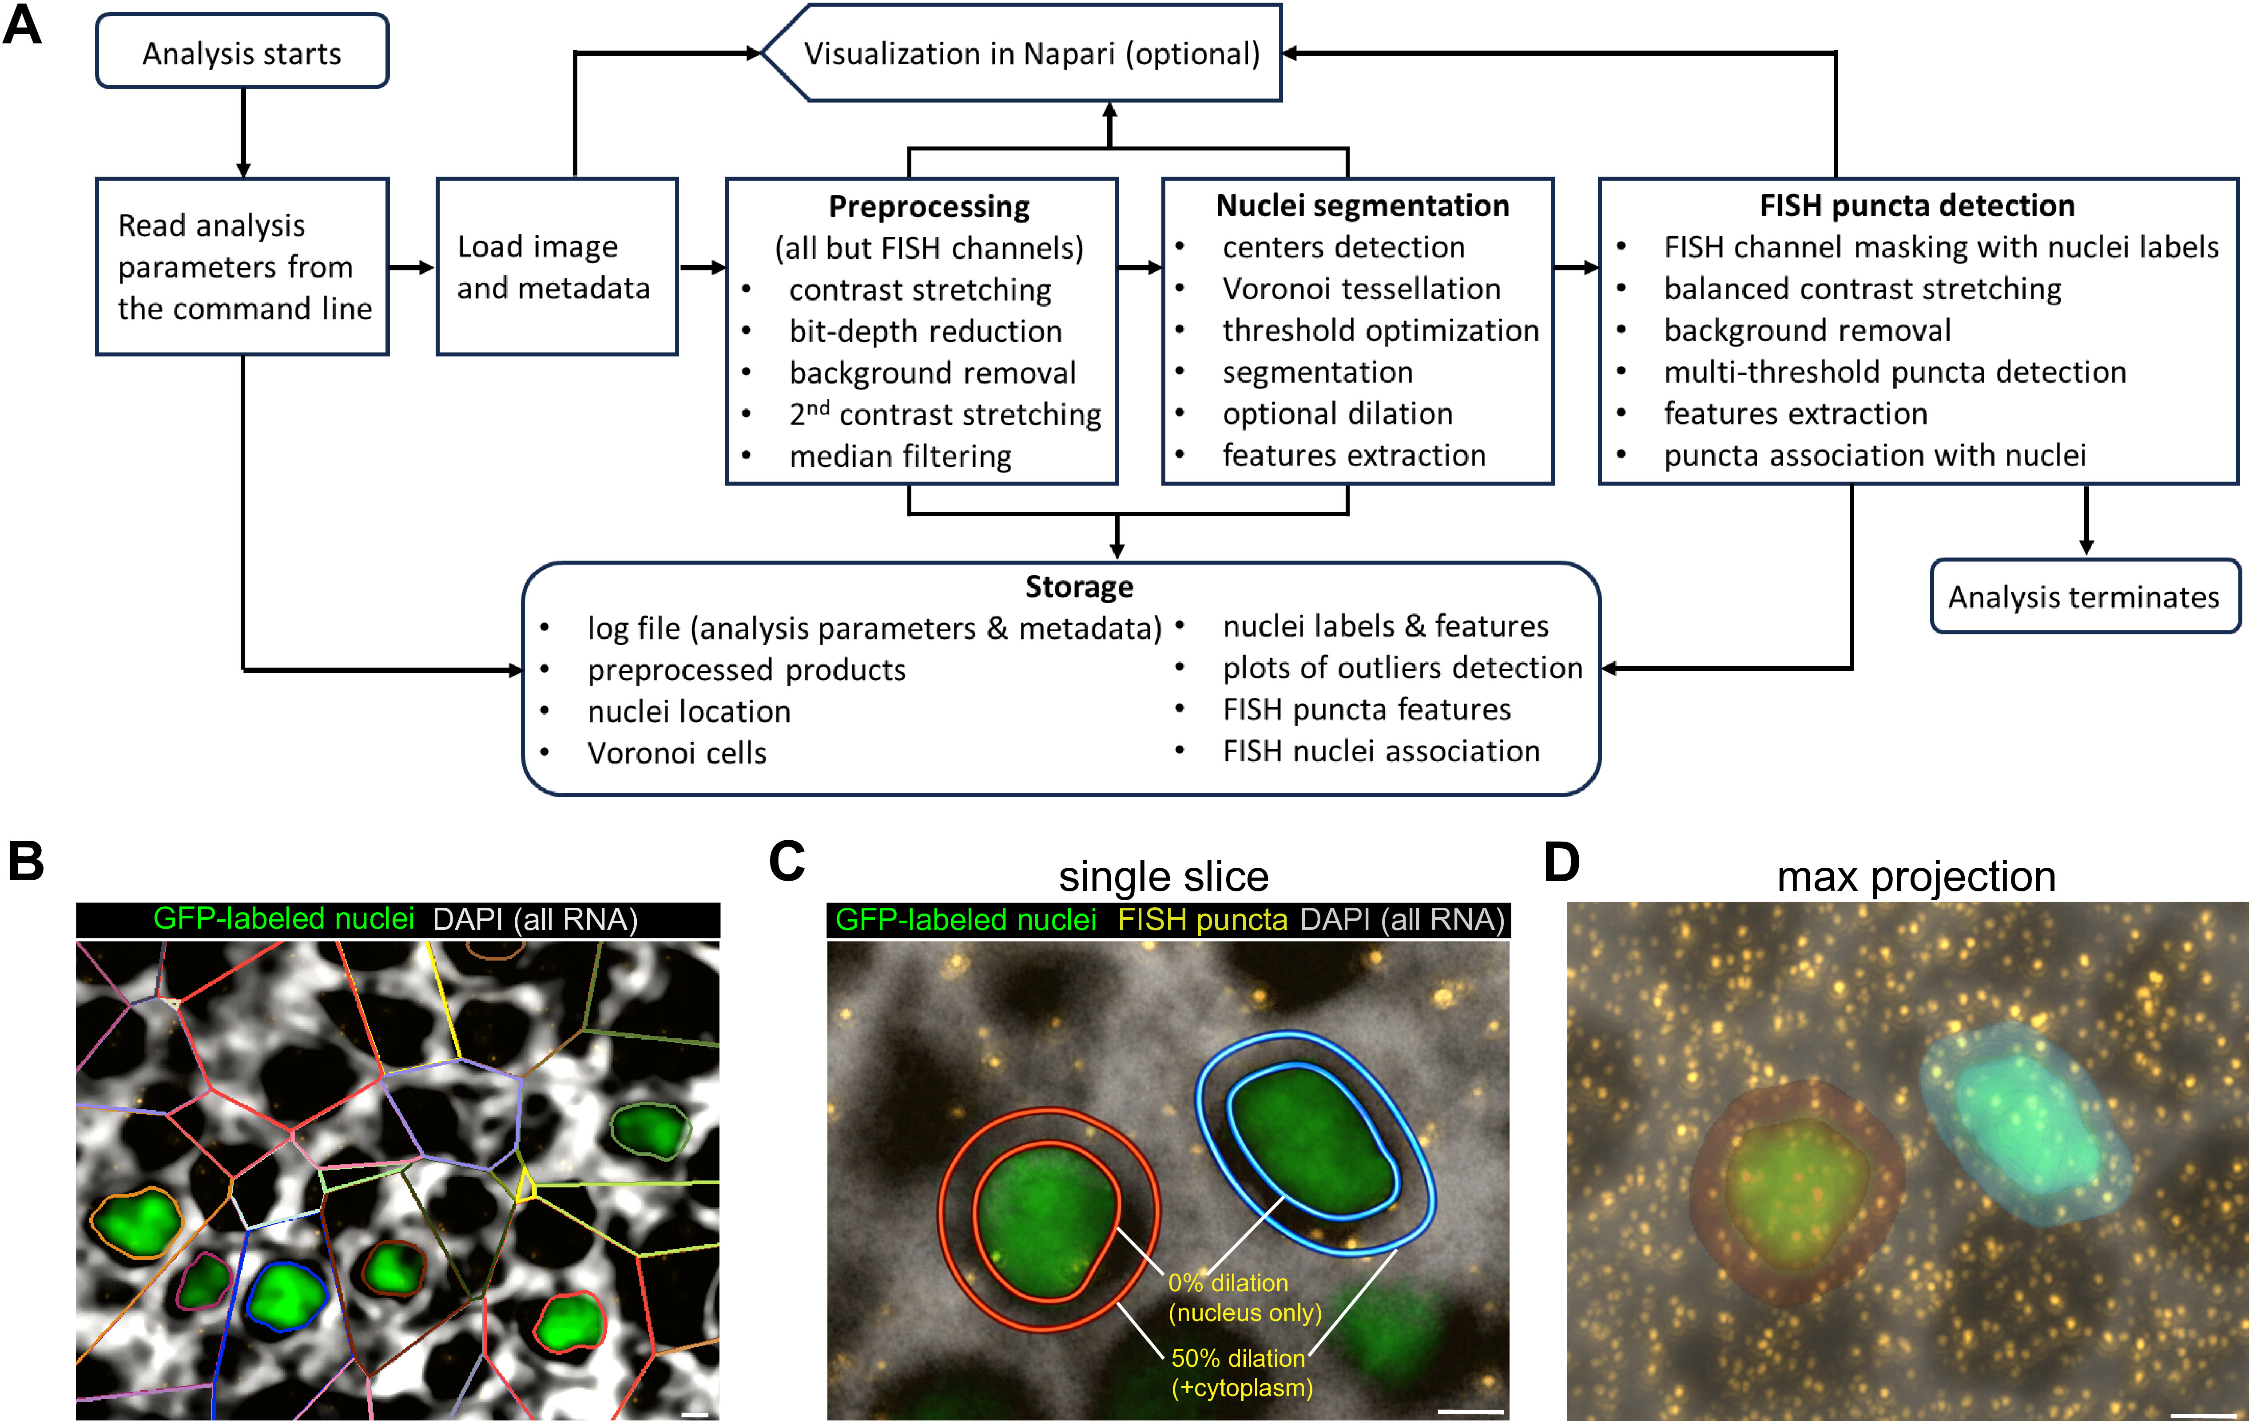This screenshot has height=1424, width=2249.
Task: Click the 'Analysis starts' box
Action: point(242,51)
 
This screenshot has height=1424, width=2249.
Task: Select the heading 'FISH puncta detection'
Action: point(1917,206)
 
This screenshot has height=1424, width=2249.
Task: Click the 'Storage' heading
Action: point(1080,586)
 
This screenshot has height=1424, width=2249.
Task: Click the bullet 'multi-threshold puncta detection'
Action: point(1895,372)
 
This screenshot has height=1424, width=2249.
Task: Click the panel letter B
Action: point(26,861)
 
